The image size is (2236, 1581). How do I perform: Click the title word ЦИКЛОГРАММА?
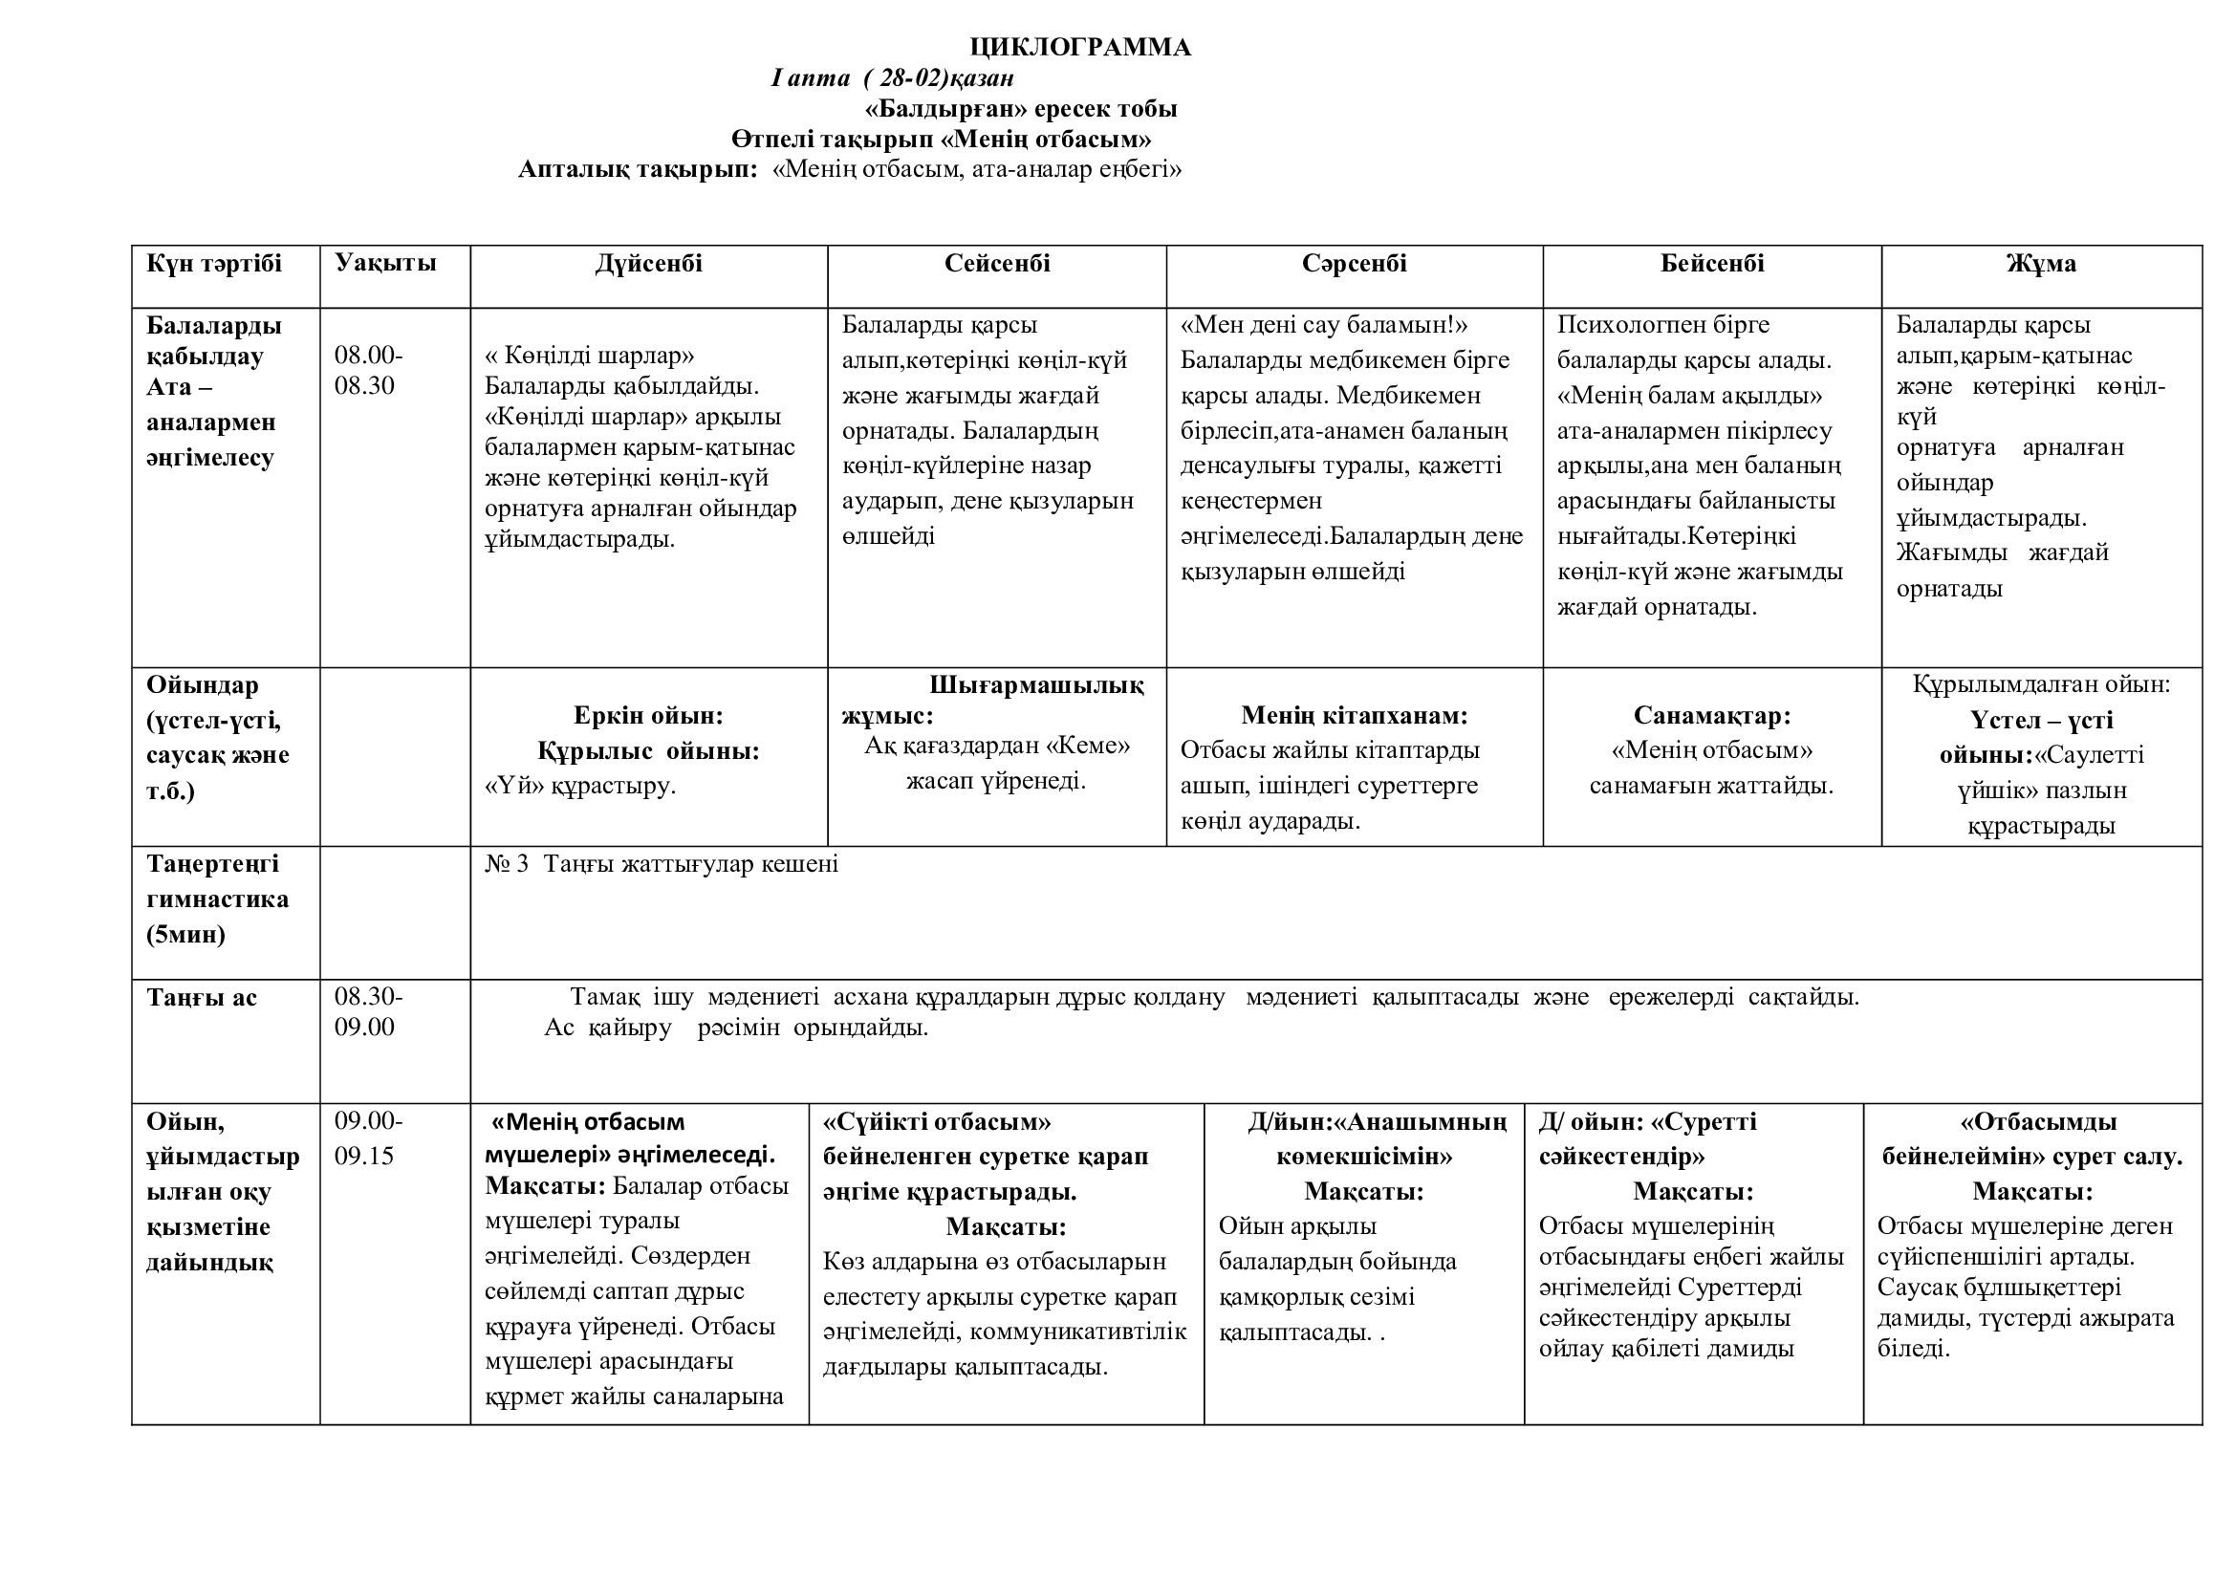pyautogui.click(x=1080, y=48)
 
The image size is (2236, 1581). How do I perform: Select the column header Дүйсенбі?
pyautogui.click(x=648, y=264)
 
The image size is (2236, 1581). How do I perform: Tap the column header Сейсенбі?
pyautogui.click(x=997, y=264)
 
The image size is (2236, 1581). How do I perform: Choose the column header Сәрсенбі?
pyautogui.click(x=1354, y=264)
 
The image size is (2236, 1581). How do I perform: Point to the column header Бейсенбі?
pyautogui.click(x=1712, y=264)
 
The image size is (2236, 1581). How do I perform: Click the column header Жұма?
pyautogui.click(x=2041, y=264)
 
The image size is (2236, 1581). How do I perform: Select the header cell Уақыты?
pyautogui.click(x=385, y=263)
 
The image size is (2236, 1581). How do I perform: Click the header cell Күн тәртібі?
pyautogui.click(x=214, y=264)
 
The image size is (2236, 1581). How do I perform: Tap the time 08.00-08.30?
pyautogui.click(x=368, y=370)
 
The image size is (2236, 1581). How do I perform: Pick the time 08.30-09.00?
pyautogui.click(x=368, y=1011)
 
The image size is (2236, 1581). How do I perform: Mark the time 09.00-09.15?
pyautogui.click(x=368, y=1138)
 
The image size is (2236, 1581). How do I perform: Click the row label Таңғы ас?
pyautogui.click(x=202, y=998)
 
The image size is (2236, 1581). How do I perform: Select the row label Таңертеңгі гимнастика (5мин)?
pyautogui.click(x=217, y=899)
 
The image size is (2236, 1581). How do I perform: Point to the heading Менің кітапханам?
pyautogui.click(x=1354, y=716)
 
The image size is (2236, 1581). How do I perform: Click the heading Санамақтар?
pyautogui.click(x=1712, y=716)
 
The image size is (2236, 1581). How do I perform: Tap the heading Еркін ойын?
pyautogui.click(x=648, y=716)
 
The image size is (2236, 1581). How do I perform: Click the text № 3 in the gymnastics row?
pyautogui.click(x=507, y=864)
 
